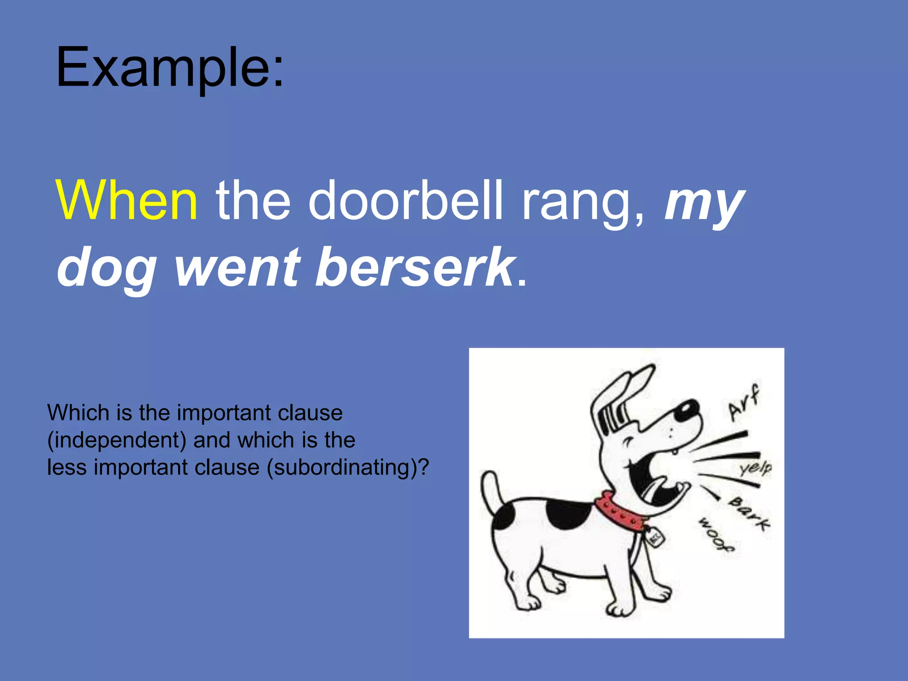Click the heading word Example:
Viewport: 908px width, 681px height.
(169, 68)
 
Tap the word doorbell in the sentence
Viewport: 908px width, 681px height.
(405, 200)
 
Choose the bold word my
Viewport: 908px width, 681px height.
(704, 203)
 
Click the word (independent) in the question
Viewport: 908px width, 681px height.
(117, 440)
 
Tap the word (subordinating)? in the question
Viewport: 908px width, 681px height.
(348, 468)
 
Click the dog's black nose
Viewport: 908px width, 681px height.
(686, 410)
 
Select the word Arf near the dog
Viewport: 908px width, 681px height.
(744, 403)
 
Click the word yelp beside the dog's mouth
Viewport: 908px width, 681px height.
(755, 468)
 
